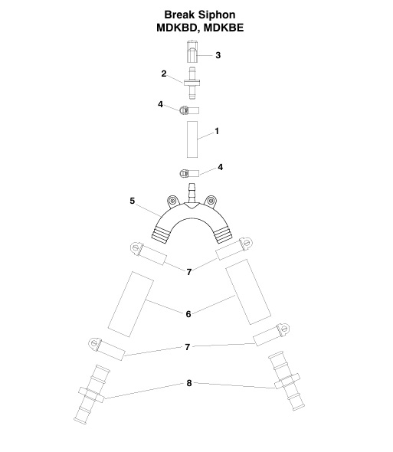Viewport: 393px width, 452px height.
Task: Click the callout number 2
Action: pos(164,74)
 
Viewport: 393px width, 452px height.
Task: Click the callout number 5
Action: pos(132,201)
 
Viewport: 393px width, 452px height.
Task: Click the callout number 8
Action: pos(189,383)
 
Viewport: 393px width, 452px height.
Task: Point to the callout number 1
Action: pos(218,132)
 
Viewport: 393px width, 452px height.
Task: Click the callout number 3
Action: pos(218,55)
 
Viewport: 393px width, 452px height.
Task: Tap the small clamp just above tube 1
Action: pos(188,109)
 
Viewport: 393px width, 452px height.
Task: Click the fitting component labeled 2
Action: pos(192,83)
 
